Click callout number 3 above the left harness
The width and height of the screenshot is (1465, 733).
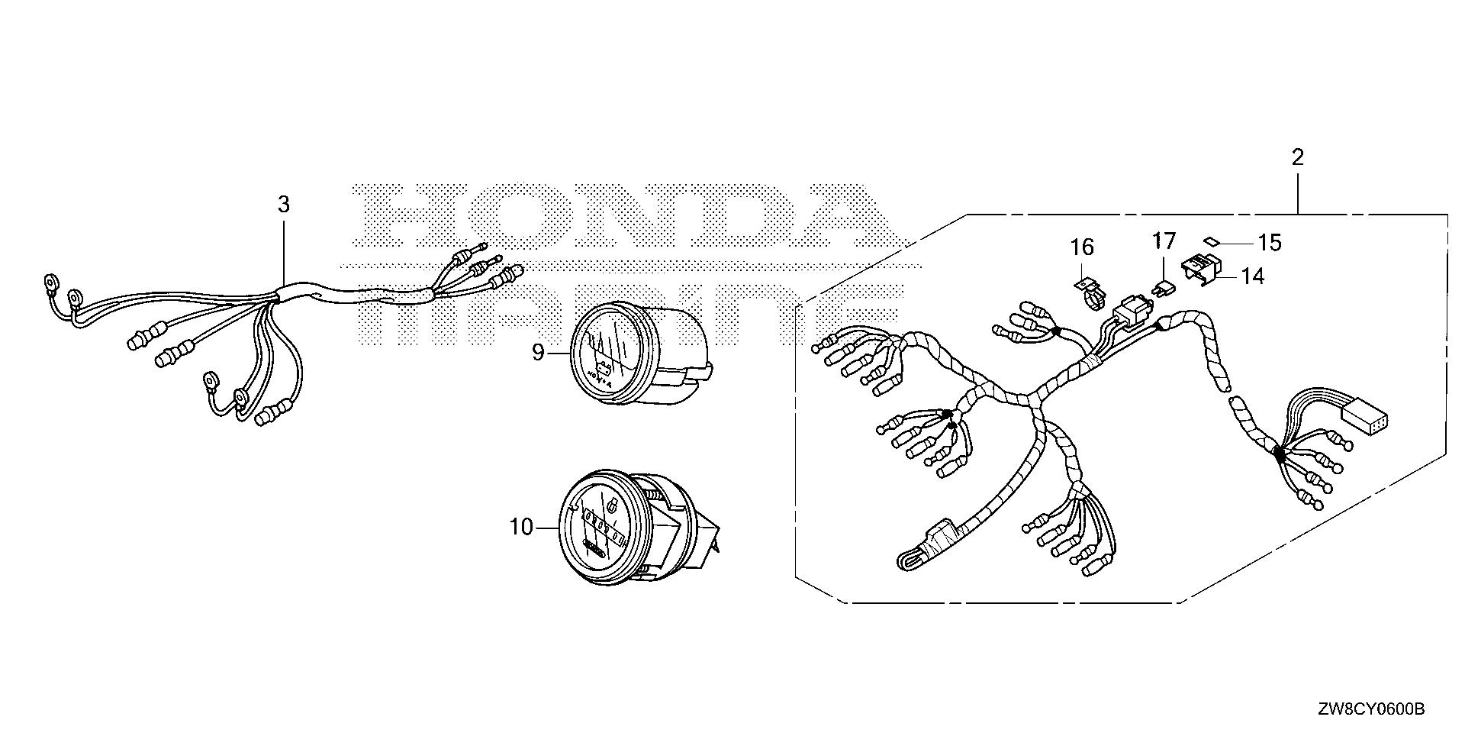coord(283,205)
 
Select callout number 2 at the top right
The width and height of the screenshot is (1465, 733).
coord(1297,158)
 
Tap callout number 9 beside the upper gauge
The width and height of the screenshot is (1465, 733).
coord(538,352)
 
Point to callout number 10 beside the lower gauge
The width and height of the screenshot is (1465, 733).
coord(521,527)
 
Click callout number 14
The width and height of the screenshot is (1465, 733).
coord(1252,276)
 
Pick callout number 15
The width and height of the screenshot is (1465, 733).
coord(1270,243)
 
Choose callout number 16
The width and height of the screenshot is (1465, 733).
coord(1082,247)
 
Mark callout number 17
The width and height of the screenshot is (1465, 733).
coord(1164,241)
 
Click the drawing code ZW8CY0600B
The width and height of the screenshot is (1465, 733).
coord(1370,710)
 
